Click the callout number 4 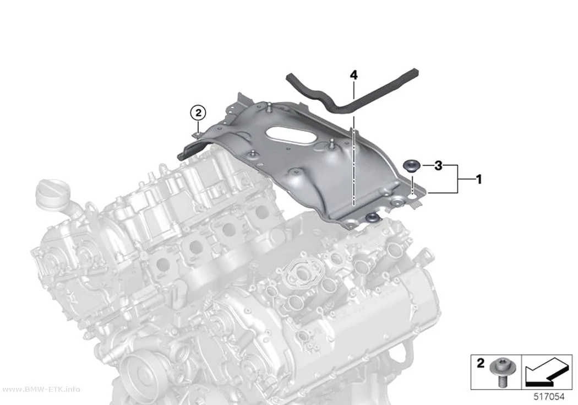tap(353, 75)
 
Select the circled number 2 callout tap(198, 113)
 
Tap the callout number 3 tap(438, 166)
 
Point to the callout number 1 tap(479, 180)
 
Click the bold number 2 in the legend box tap(481, 363)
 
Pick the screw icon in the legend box tap(498, 372)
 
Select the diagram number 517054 tap(549, 397)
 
